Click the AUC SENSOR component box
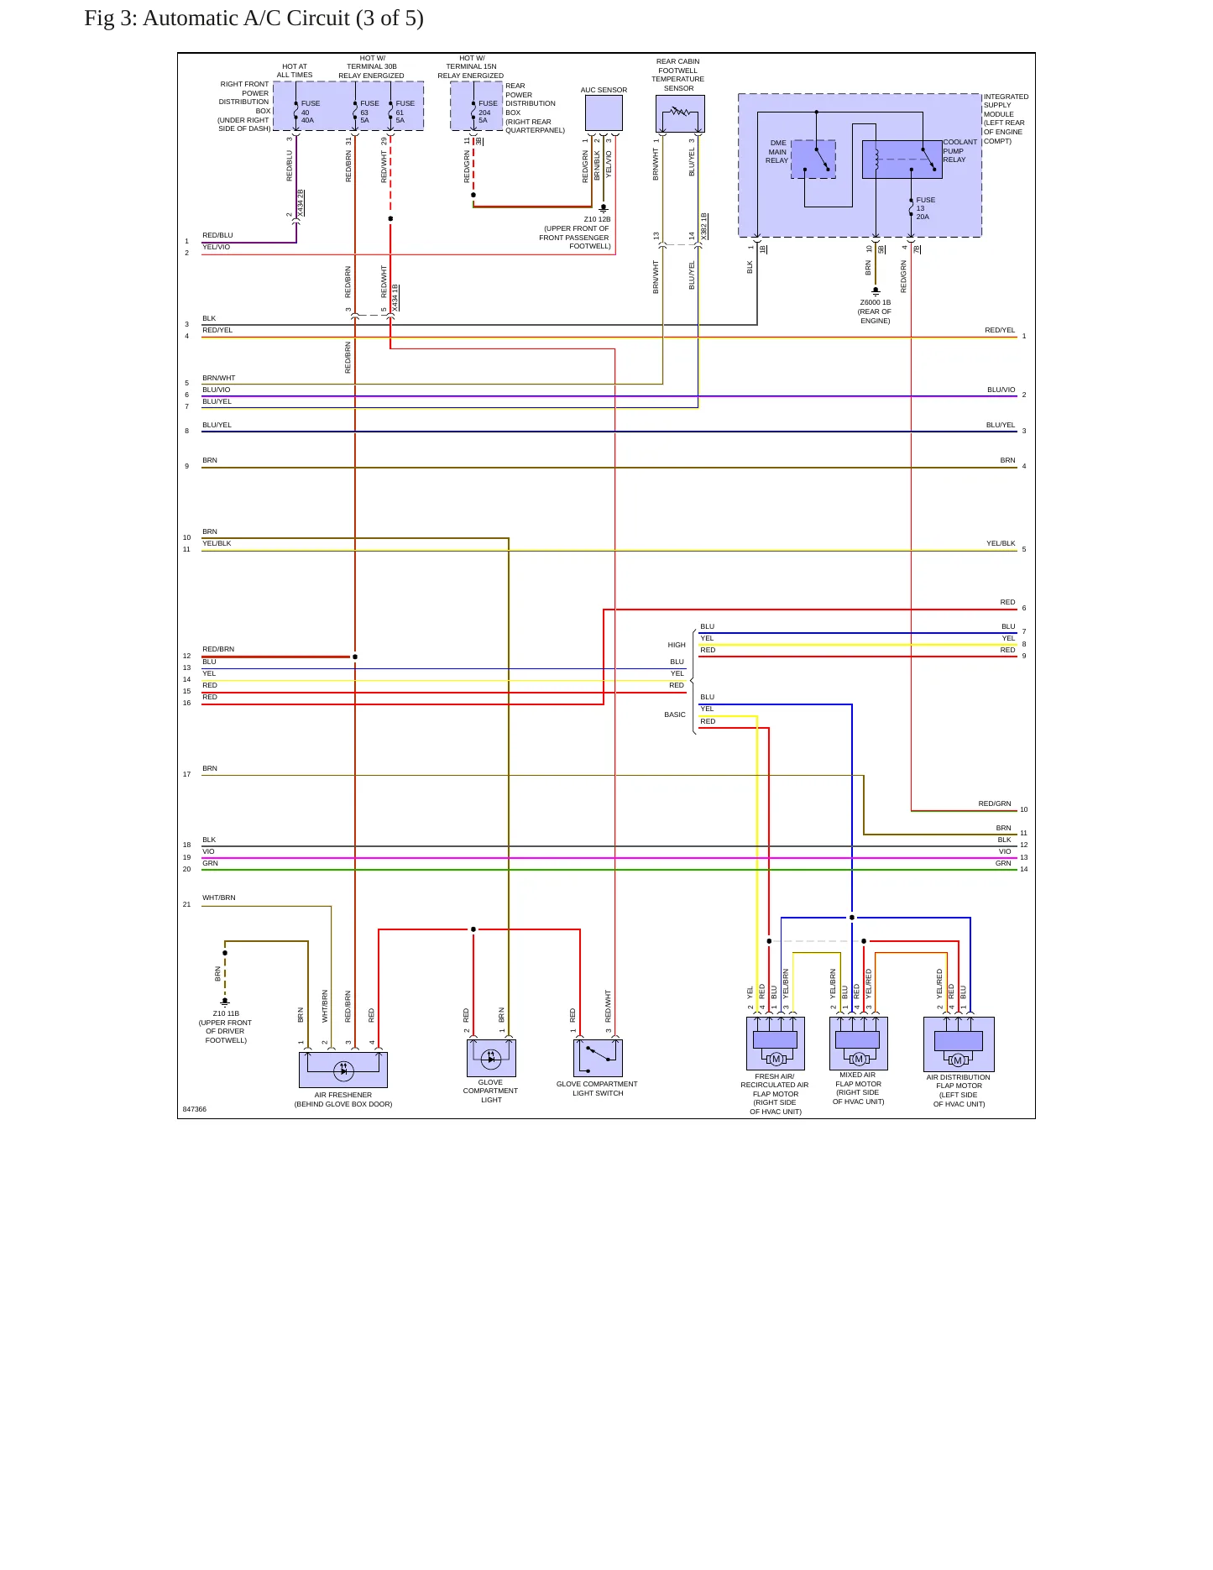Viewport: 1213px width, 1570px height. pyautogui.click(x=604, y=113)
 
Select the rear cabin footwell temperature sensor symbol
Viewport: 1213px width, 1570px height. pyautogui.click(x=680, y=113)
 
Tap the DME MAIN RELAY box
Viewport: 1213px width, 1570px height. pyautogui.click(x=813, y=160)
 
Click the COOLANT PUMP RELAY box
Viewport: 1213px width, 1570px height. pyautogui.click(x=902, y=160)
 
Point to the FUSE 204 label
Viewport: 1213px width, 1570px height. pyautogui.click(x=488, y=112)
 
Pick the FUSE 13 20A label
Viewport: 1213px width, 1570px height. pyautogui.click(x=925, y=208)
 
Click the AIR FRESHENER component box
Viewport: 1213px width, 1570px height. pyautogui.click(x=343, y=1070)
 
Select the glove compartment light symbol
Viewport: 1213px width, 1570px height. pyautogui.click(x=491, y=1058)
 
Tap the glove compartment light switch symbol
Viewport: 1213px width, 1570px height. pyautogui.click(x=598, y=1058)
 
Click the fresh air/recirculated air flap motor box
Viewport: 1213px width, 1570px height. pyautogui.click(x=776, y=1044)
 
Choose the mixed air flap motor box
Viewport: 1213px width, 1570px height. pyautogui.click(x=859, y=1044)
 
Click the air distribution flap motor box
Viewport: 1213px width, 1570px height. pyautogui.click(x=959, y=1044)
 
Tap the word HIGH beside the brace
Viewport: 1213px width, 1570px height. pyautogui.click(x=677, y=645)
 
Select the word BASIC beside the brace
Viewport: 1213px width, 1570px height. pyautogui.click(x=675, y=714)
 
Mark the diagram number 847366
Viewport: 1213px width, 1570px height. pyautogui.click(x=195, y=1109)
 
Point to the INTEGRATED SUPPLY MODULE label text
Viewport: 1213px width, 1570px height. pyautogui.click(x=1006, y=118)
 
